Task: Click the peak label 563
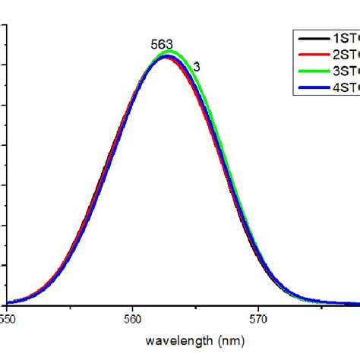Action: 162,45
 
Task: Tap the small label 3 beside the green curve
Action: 197,67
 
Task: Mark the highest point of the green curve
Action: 171,51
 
